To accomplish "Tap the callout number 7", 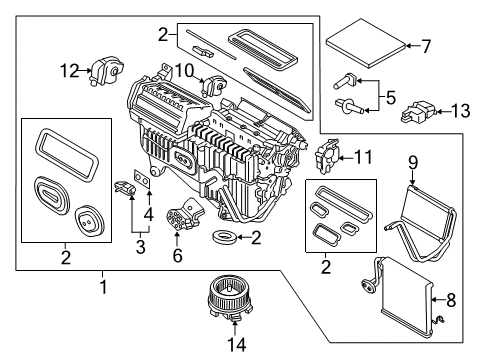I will coord(425,45).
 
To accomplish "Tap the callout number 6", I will coord(177,255).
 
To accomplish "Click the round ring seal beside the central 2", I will coord(226,238).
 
